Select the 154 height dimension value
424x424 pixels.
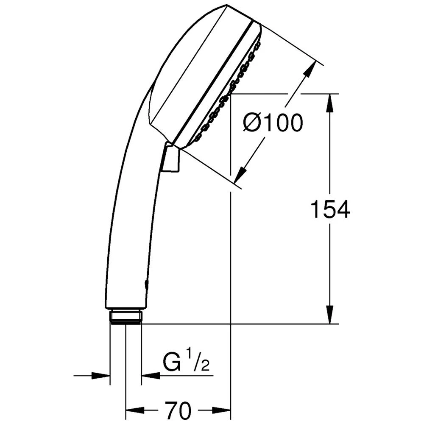coord(330,209)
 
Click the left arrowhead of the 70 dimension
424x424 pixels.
coord(132,410)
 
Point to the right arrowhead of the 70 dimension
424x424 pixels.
coord(224,410)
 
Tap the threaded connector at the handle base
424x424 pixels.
coord(126,317)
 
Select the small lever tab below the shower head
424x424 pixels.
coord(171,159)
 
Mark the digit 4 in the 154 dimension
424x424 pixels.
coord(343,209)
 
